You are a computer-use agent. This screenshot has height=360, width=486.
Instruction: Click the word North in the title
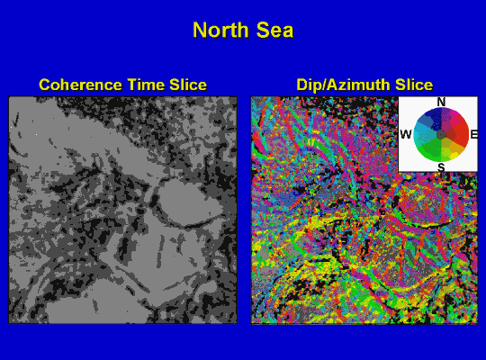click(x=220, y=30)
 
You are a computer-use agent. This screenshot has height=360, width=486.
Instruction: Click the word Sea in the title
click(x=274, y=30)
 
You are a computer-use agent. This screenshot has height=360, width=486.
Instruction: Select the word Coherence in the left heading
click(x=80, y=85)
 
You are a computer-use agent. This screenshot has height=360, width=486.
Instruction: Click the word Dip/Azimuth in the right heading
click(x=343, y=85)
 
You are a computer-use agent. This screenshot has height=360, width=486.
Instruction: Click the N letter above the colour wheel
click(x=441, y=102)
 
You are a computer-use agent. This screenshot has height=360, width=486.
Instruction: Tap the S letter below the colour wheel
click(x=441, y=167)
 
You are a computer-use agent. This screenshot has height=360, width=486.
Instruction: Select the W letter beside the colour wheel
click(x=406, y=135)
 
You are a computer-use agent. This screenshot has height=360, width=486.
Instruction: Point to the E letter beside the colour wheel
click(x=474, y=135)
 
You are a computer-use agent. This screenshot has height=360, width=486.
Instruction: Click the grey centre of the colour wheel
click(x=441, y=135)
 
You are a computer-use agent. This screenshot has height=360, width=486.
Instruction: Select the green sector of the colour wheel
click(x=429, y=149)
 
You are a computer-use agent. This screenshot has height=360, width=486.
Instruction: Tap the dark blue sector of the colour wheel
click(x=433, y=118)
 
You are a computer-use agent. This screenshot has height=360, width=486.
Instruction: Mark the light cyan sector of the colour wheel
click(x=422, y=132)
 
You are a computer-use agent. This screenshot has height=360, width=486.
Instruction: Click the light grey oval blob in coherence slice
click(x=189, y=203)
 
